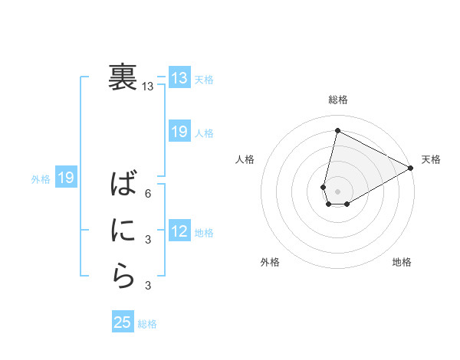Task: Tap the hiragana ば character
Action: coord(123,184)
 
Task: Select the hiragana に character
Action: coord(123,230)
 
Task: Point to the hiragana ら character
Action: coord(123,277)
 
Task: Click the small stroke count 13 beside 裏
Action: coord(148,87)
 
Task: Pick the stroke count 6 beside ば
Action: coord(148,194)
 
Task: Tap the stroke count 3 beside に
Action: coord(148,240)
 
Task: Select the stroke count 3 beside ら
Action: coord(148,286)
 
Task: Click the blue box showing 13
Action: coord(179,77)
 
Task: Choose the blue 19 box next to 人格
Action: coord(179,132)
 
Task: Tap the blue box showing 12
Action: coord(179,231)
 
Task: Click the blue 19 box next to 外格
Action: coord(65,178)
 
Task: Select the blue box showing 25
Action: coord(123,322)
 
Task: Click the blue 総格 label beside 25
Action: coord(147,324)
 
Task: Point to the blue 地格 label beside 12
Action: coord(204,232)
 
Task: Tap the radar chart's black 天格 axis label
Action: coord(431,159)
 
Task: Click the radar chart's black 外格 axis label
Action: coord(270,262)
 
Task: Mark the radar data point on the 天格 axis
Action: coord(410,168)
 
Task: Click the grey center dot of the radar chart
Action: coord(337,191)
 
